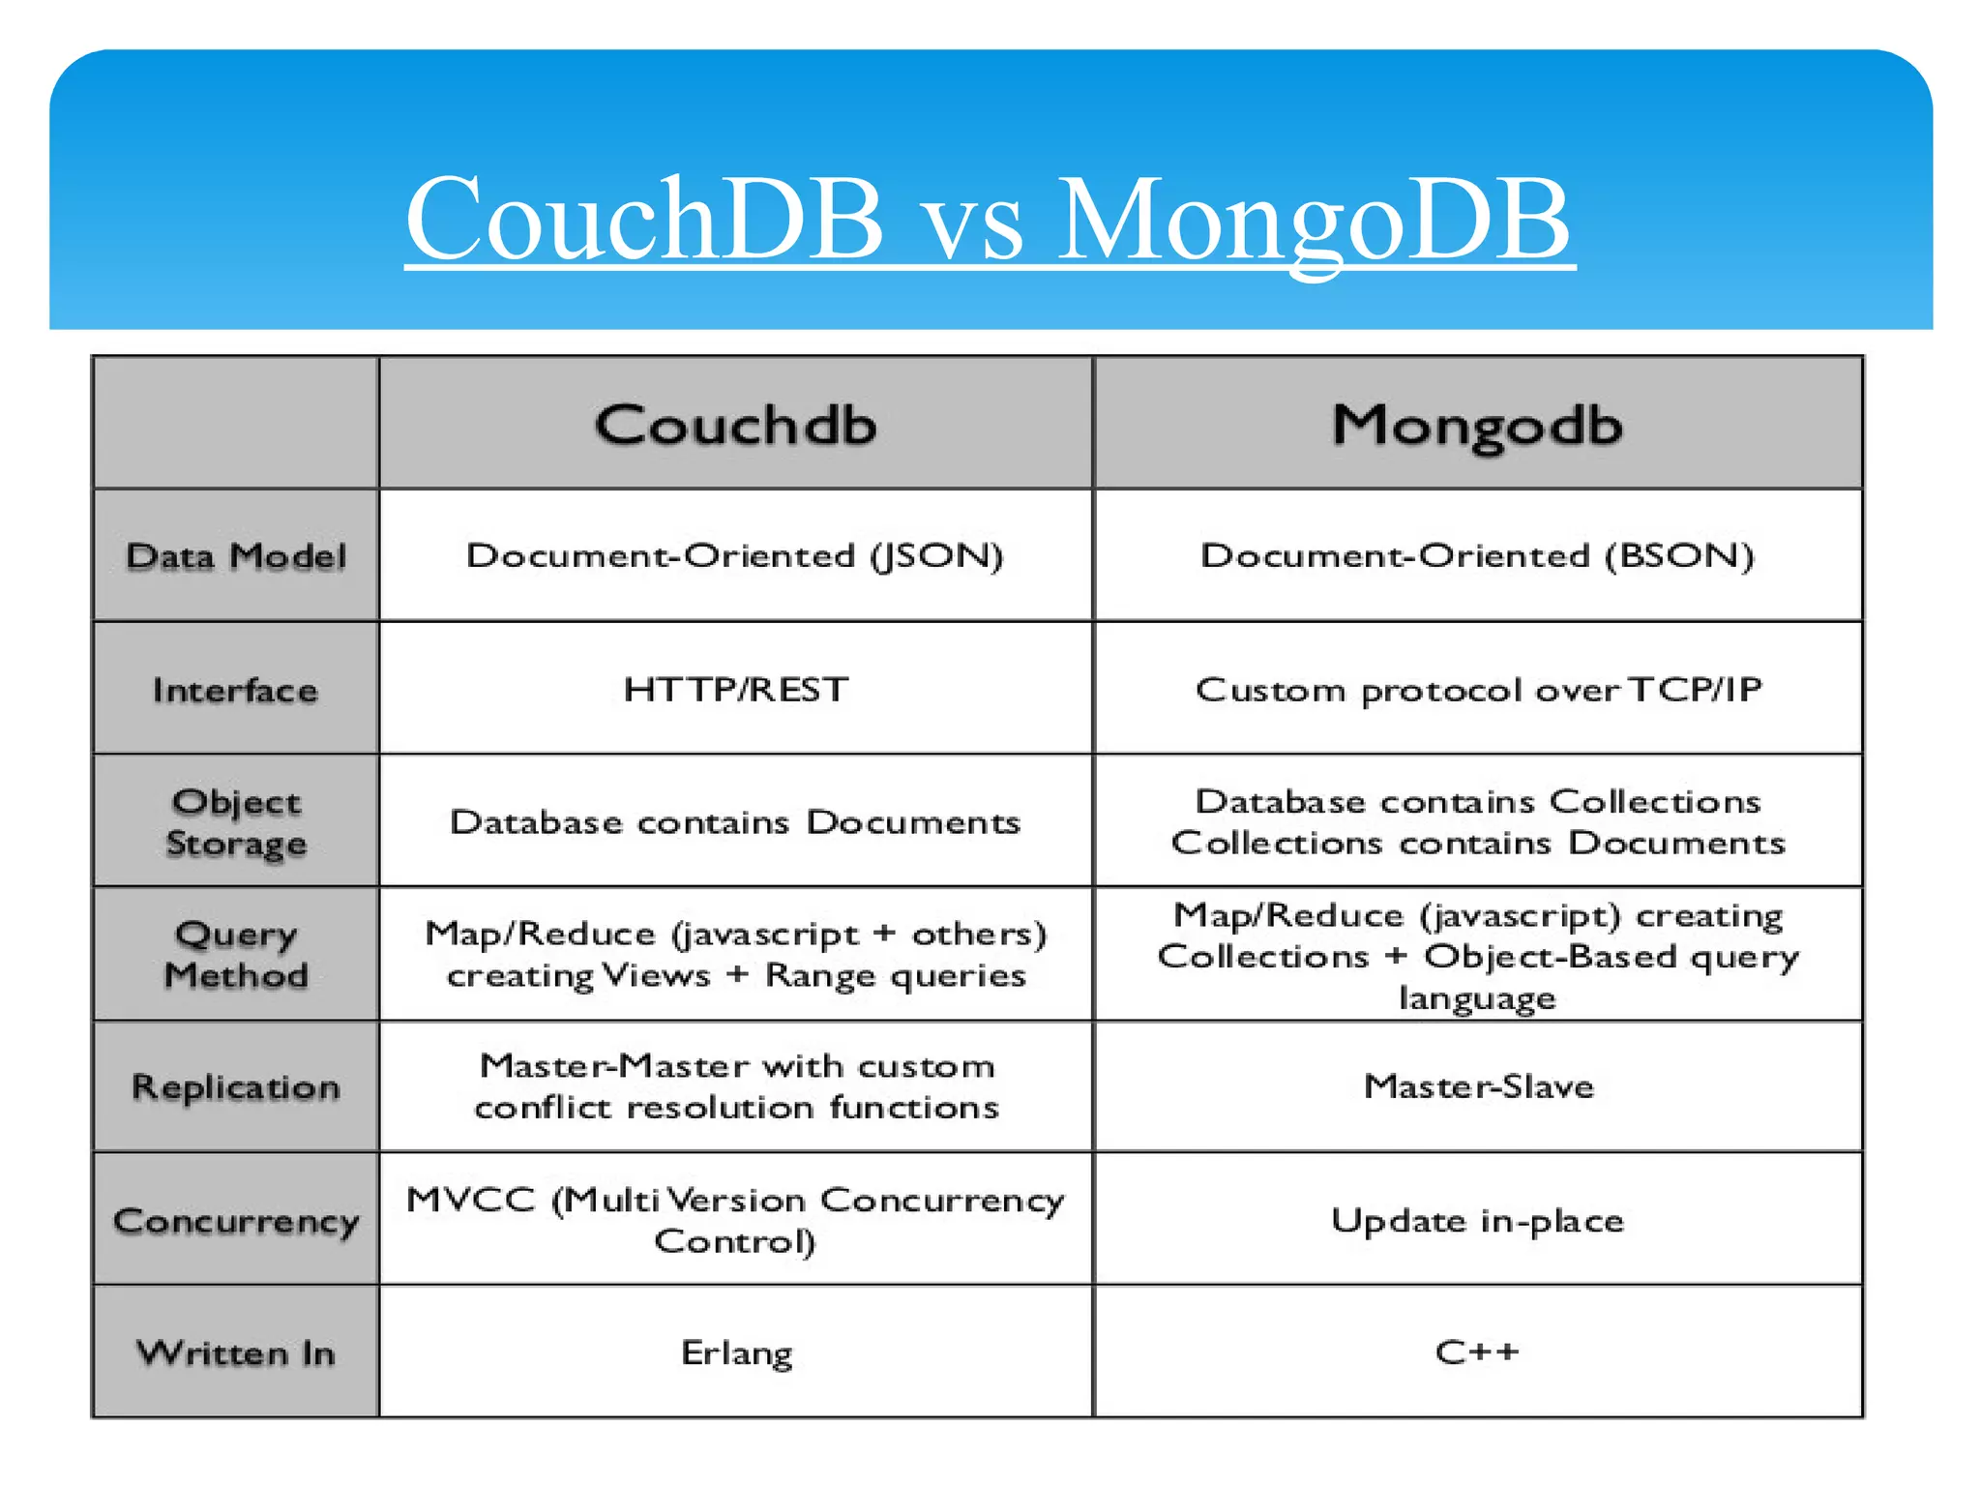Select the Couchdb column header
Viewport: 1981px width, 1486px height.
(x=735, y=425)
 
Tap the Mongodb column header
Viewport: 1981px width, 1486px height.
(x=1477, y=425)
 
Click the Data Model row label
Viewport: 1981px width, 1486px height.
(x=236, y=556)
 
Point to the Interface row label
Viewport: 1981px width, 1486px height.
(x=235, y=690)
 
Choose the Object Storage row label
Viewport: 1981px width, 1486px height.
(x=236, y=822)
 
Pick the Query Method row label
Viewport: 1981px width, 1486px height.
(x=236, y=954)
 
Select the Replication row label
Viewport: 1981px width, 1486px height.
(x=236, y=1086)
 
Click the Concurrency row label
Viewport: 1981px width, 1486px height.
(x=236, y=1220)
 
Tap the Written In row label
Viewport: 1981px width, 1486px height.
(x=236, y=1352)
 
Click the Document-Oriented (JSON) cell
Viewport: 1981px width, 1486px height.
(x=735, y=555)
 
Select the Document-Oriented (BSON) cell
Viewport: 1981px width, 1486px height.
(x=1477, y=555)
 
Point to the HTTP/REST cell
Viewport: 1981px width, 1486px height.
(x=735, y=690)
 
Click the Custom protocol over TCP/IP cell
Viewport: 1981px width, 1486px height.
(x=1478, y=690)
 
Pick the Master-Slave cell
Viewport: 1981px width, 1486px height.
(x=1478, y=1086)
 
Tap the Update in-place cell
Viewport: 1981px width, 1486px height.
(x=1477, y=1220)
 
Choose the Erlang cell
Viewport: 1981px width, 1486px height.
(x=736, y=1352)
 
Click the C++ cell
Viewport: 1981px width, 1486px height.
(x=1477, y=1352)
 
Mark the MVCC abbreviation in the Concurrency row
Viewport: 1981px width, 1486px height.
(x=470, y=1200)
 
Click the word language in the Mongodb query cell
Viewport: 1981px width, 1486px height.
(x=1477, y=997)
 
